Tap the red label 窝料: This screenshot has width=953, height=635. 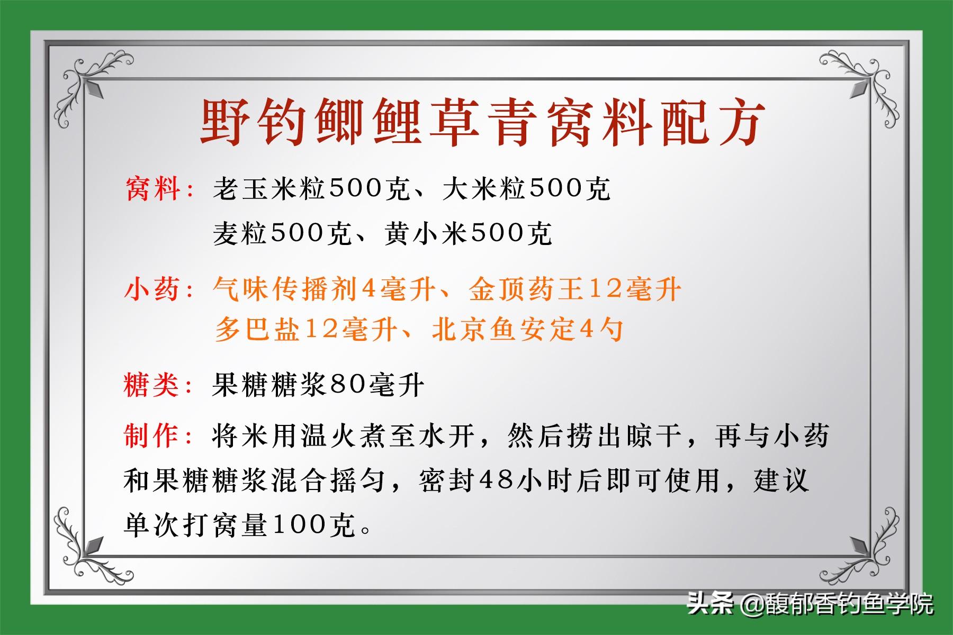coord(160,189)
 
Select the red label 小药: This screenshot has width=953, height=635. coord(160,289)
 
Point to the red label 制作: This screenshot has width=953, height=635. coord(160,436)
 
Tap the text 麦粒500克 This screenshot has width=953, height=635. coord(282,233)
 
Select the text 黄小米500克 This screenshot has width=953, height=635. coord(468,233)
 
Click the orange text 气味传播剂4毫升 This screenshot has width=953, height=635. coord(324,289)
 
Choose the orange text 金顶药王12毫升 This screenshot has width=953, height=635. coord(574,289)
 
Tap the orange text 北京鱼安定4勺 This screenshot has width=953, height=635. coord(527,330)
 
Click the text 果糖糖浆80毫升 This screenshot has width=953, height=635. coord(318,385)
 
